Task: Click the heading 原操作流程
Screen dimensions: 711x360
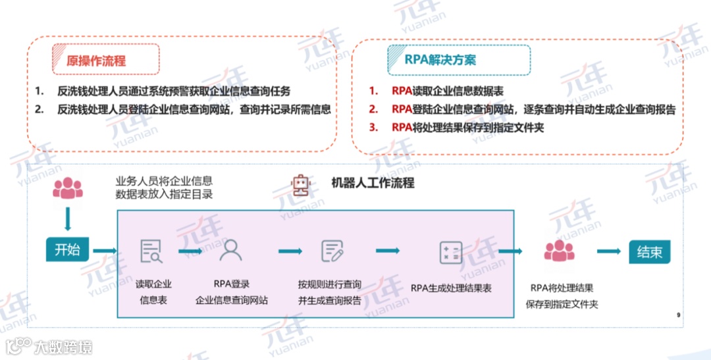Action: [x=96, y=61]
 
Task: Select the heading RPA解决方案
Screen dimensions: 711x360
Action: [x=440, y=60]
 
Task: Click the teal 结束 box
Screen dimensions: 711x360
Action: [x=649, y=251]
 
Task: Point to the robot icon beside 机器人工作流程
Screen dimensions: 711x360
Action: [x=301, y=185]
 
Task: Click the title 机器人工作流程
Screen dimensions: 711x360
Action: [x=372, y=183]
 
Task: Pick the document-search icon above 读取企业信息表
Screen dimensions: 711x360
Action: [x=151, y=251]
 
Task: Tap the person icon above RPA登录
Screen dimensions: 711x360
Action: [x=230, y=251]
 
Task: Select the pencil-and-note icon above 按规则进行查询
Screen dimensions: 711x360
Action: [x=332, y=251]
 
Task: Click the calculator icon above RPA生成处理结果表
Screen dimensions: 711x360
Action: [x=451, y=252]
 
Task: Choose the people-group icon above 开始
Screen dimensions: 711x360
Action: [x=67, y=188]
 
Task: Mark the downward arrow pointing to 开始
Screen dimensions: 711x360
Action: [x=67, y=219]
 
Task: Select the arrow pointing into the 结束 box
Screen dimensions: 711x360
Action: [x=609, y=251]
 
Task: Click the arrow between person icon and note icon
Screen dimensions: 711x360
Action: [x=290, y=251]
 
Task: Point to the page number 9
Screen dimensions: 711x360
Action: [x=678, y=315]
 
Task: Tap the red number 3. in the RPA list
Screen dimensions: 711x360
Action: [x=373, y=128]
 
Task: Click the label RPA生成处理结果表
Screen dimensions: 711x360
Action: [x=451, y=288]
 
